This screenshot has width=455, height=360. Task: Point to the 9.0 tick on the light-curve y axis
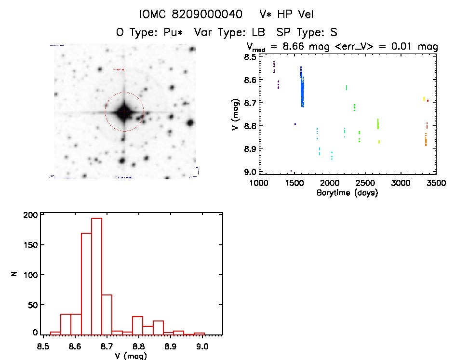click(x=250, y=172)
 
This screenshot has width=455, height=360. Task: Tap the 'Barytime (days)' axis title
click(x=347, y=193)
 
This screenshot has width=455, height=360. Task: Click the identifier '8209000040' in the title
click(x=204, y=15)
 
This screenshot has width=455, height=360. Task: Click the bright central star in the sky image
click(x=124, y=112)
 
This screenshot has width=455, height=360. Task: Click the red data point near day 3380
click(x=428, y=100)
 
